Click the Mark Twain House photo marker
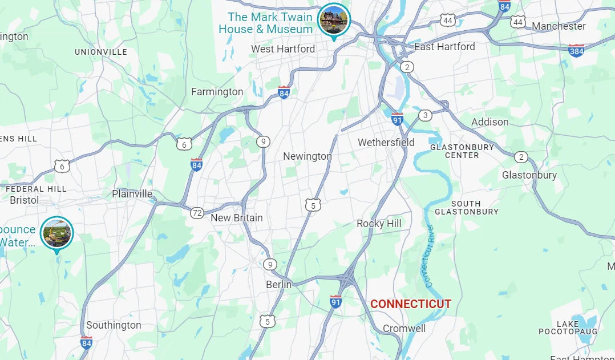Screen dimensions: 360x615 [x=334, y=19]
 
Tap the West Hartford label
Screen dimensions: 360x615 [x=283, y=49]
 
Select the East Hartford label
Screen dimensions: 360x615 [x=444, y=47]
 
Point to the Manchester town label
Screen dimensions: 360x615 [x=559, y=26]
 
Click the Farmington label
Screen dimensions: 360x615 [x=217, y=92]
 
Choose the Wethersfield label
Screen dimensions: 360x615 [x=386, y=142]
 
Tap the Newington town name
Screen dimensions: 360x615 [x=307, y=156]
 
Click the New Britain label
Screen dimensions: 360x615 [x=237, y=218]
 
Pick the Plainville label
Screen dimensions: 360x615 [x=132, y=194]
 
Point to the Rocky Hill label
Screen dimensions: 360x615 [x=379, y=224]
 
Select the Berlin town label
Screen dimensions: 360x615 [x=278, y=285]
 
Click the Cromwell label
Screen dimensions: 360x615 [x=404, y=329]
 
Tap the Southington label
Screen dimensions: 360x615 [x=114, y=325]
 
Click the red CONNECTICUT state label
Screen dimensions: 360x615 [x=411, y=304]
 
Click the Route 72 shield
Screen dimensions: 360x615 [x=197, y=213]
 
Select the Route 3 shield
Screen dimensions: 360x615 [x=424, y=116]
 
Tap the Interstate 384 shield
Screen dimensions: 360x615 [x=576, y=50]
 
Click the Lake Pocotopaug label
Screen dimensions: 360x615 [x=567, y=328]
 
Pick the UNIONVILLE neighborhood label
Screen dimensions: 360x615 [x=101, y=52]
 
